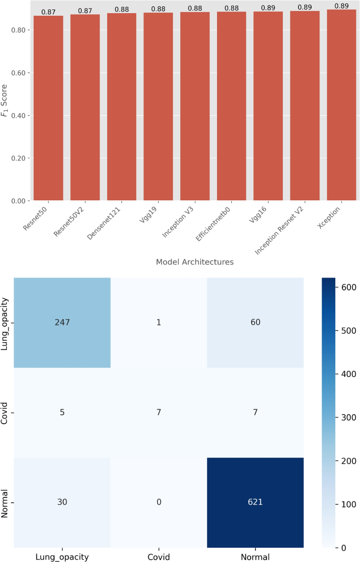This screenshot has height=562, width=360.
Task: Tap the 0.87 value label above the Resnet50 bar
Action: (48, 12)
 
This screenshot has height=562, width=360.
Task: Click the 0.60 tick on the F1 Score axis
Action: (22, 73)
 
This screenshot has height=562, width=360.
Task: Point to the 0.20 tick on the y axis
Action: (22, 158)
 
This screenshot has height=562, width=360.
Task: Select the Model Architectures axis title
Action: (195, 262)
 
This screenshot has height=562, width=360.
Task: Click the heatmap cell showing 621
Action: (255, 502)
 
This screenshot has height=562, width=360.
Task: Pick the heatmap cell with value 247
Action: (62, 322)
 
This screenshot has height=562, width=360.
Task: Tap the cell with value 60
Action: (255, 322)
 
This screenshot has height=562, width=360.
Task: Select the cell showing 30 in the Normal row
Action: (62, 502)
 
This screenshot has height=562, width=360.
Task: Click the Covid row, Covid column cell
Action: (159, 412)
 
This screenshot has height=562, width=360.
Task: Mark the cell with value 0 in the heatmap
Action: (159, 502)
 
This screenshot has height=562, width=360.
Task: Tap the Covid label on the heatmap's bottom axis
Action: (159, 557)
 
